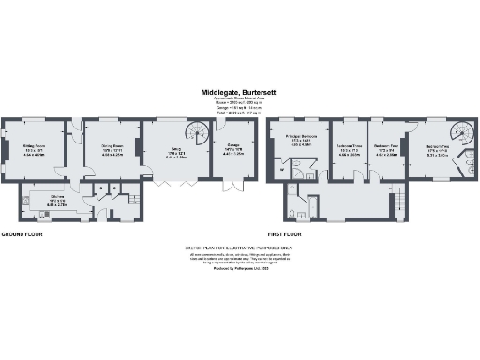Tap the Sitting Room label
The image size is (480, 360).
click(x=35, y=146)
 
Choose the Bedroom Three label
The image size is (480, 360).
click(x=349, y=148)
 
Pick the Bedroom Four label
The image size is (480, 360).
click(x=387, y=148)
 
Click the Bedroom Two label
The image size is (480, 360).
click(x=437, y=149)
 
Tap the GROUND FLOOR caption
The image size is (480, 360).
click(x=23, y=232)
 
